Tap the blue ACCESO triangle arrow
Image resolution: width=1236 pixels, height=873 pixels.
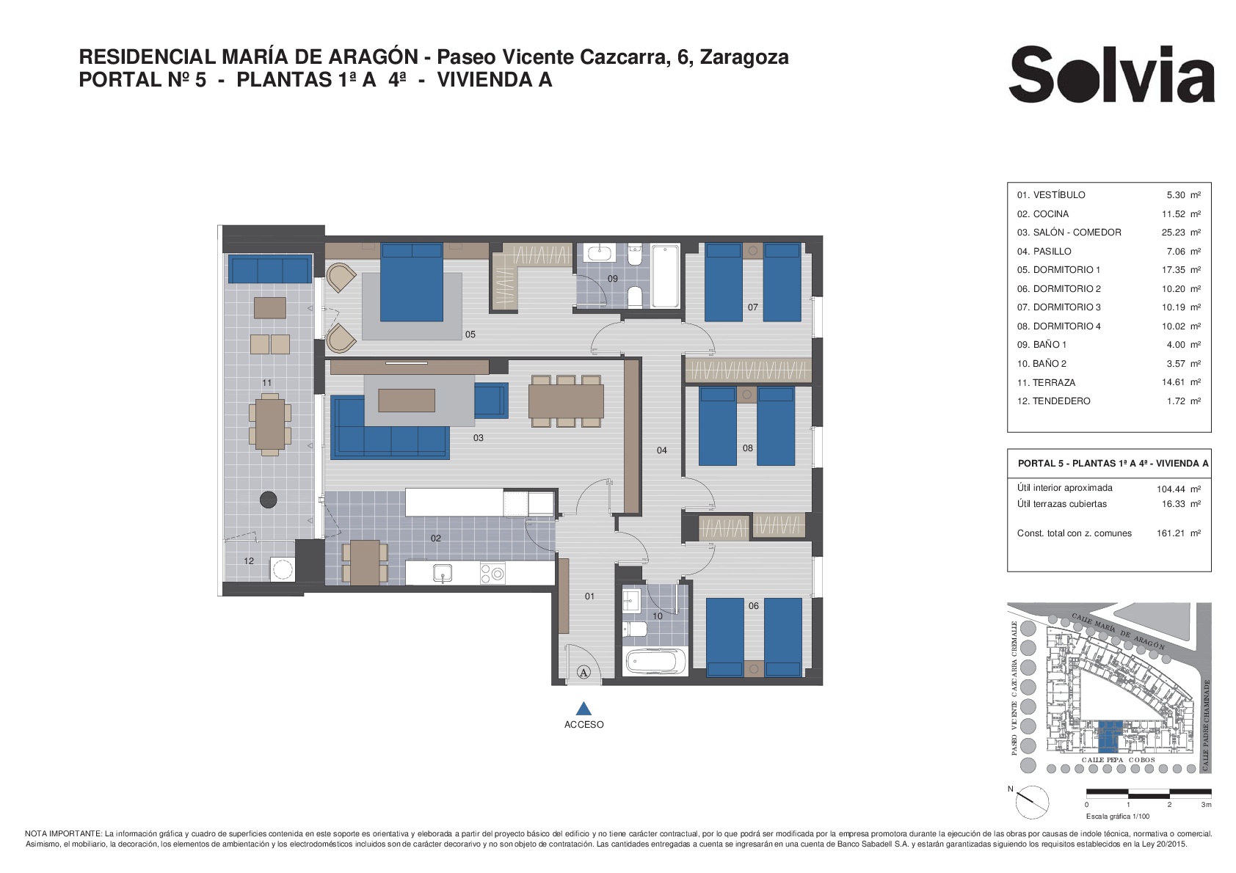pos(584,708)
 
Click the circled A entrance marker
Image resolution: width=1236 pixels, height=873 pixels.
pos(584,672)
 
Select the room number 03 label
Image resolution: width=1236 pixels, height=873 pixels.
pos(479,438)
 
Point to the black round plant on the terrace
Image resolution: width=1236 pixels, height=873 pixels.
pos(268,500)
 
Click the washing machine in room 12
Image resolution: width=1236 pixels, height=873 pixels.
pos(283,569)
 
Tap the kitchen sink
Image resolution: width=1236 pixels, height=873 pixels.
pos(442,574)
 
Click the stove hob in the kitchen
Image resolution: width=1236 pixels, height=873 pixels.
pos(492,573)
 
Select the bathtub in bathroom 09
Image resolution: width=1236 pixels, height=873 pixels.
pos(666,276)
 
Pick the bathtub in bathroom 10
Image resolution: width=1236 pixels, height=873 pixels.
pos(655,662)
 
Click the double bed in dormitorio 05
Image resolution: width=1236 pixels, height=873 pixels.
pos(412,282)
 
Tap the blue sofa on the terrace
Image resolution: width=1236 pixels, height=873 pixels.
pos(270,269)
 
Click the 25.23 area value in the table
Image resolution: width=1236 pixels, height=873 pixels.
pos(1174,233)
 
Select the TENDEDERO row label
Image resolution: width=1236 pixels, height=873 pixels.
pos(1061,401)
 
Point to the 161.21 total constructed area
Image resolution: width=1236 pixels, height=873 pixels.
pos(1171,533)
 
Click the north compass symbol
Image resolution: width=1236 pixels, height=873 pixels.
pos(1030,802)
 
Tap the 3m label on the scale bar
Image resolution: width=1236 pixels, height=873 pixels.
pos(1206,805)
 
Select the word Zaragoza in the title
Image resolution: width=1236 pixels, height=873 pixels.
pos(744,57)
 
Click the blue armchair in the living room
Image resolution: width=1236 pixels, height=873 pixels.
pos(490,400)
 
